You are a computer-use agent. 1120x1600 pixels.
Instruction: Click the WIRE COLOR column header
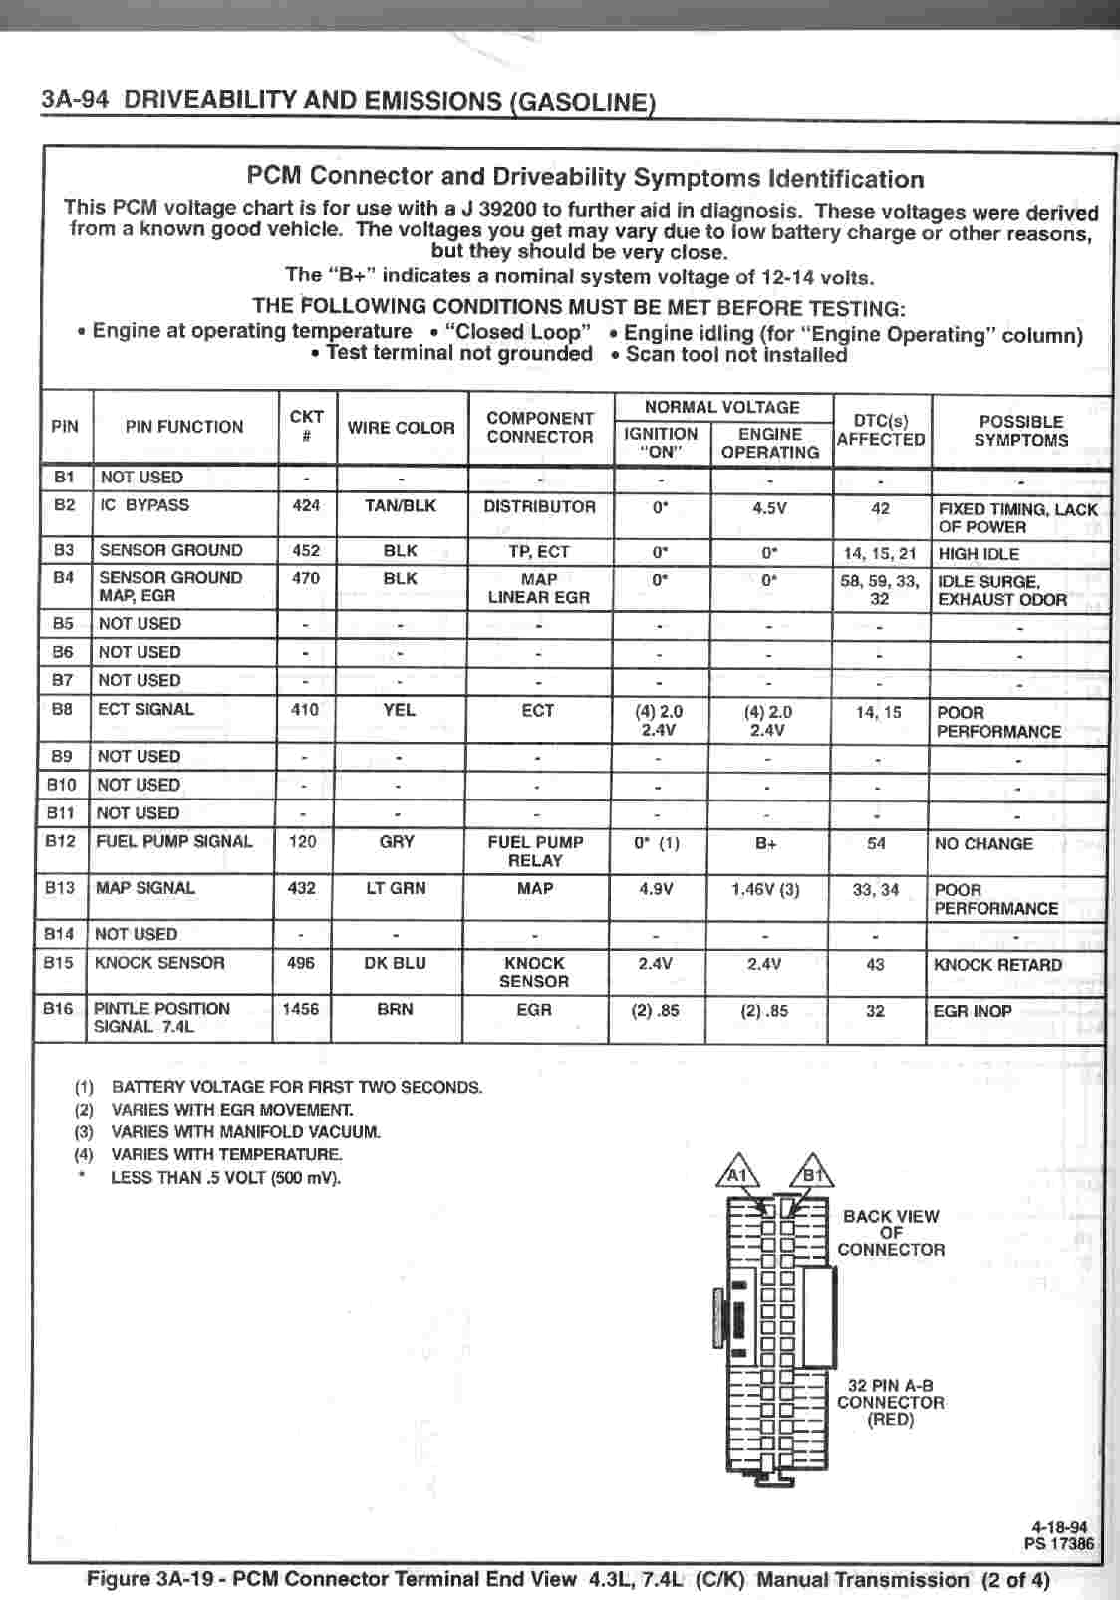(401, 428)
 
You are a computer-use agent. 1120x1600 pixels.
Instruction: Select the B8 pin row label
(62, 709)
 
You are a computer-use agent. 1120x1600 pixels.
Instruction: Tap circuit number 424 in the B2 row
(306, 505)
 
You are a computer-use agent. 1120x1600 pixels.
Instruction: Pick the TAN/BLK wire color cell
(401, 505)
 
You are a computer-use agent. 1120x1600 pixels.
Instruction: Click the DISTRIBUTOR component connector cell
(539, 506)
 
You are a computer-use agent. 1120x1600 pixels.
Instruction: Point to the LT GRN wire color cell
(396, 887)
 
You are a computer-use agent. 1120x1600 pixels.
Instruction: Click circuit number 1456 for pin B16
(300, 1009)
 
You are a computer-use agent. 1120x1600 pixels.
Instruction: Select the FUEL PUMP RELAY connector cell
(535, 851)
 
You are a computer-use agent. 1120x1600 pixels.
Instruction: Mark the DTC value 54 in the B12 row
(876, 843)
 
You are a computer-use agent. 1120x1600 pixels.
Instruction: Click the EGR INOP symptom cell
(973, 1011)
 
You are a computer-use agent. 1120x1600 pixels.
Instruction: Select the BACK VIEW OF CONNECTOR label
(891, 1233)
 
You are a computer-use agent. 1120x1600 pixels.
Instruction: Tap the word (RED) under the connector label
(890, 1419)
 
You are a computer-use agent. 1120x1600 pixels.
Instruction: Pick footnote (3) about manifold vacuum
(227, 1132)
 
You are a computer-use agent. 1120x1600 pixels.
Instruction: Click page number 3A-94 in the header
(75, 99)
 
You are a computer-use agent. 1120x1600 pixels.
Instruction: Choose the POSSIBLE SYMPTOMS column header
(1020, 431)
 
